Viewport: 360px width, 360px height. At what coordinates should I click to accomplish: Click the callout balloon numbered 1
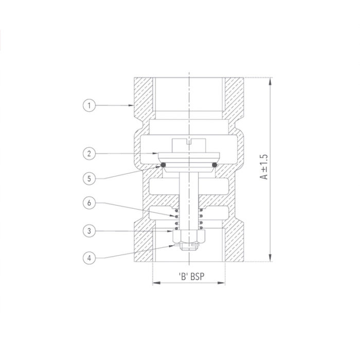[x=89, y=105]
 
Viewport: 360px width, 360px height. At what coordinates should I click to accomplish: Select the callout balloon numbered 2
[x=89, y=153]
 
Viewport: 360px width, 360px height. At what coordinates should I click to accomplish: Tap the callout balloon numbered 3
[x=89, y=231]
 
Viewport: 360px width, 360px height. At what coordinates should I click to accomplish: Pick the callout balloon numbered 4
[x=89, y=257]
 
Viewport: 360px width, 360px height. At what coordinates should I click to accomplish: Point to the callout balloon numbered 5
[x=89, y=178]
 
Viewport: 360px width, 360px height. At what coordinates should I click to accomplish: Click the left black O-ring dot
[x=163, y=165]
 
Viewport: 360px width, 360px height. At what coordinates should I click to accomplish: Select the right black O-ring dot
[x=215, y=165]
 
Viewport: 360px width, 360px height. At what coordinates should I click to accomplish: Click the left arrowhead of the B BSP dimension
[x=155, y=282]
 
